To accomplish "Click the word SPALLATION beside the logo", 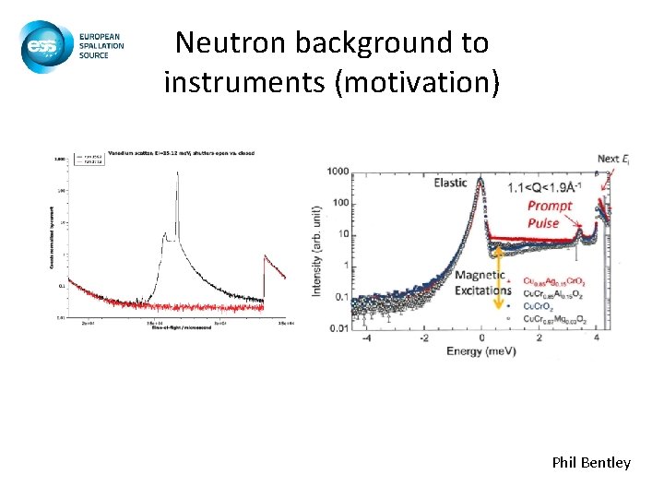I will click(x=101, y=44).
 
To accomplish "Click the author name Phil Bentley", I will click(x=591, y=462).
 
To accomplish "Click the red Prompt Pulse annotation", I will click(x=550, y=214).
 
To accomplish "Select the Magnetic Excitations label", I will click(x=480, y=283).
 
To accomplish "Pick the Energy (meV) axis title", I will click(x=481, y=351).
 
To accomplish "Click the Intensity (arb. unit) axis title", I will click(x=316, y=250).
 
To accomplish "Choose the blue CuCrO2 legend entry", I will click(x=539, y=305).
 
